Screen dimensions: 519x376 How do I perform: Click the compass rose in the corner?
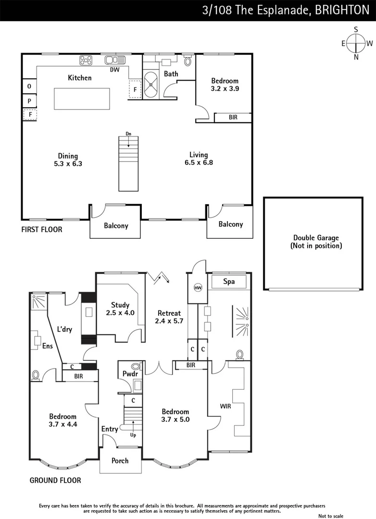[356, 43]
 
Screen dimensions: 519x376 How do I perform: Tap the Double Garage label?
[316, 242]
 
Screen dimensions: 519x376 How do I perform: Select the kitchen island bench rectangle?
[82, 99]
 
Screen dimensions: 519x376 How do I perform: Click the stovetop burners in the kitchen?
[86, 60]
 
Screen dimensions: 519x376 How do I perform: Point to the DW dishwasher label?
[114, 70]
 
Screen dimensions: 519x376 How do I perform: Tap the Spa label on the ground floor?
[229, 282]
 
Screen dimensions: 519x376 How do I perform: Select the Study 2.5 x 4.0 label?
[120, 309]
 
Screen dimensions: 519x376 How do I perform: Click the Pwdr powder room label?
[130, 373]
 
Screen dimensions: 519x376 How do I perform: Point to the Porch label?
[120, 460]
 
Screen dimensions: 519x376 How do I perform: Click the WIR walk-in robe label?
[226, 407]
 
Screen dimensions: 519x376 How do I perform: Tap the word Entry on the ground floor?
[110, 429]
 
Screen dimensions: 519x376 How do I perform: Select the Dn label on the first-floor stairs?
[128, 133]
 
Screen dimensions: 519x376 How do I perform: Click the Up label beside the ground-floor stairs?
[133, 435]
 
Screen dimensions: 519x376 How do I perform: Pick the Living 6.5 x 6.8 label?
[199, 159]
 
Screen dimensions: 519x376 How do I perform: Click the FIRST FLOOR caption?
[42, 230]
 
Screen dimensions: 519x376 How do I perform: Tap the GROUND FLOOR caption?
[55, 480]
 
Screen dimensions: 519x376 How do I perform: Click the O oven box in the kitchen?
[29, 86]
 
